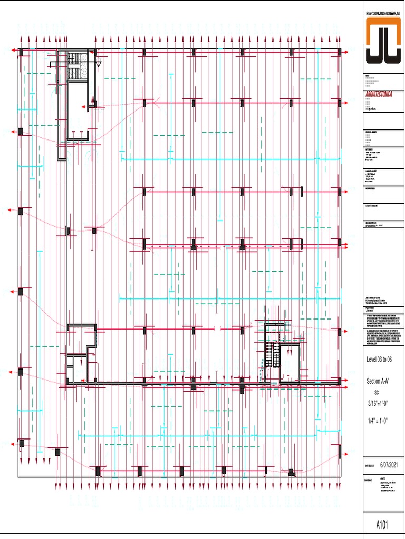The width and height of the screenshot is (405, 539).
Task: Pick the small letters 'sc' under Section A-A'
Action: tap(377, 393)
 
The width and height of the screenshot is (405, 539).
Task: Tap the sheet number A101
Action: tap(383, 525)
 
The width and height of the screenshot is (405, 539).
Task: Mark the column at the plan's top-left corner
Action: tap(21, 52)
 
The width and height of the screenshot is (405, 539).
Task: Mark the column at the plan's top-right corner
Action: tap(340, 53)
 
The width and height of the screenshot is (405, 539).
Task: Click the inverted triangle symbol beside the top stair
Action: tap(98, 64)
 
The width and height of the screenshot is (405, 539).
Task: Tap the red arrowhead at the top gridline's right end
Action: tap(346, 53)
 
